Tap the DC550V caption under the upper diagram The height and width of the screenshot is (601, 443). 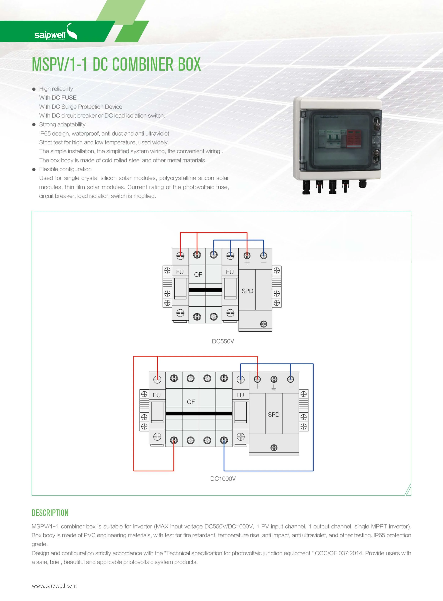[x=223, y=341]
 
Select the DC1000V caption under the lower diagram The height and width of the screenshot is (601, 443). [x=223, y=479]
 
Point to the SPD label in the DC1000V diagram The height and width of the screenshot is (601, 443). [x=274, y=414]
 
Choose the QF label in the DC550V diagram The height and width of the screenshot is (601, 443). [x=198, y=274]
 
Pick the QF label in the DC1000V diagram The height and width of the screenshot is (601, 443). [x=191, y=402]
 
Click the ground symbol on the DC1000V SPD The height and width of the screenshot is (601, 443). [x=274, y=387]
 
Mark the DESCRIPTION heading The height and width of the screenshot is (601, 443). [x=50, y=513]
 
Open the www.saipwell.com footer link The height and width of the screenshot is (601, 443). [x=54, y=585]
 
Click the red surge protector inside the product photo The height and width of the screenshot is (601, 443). [x=354, y=139]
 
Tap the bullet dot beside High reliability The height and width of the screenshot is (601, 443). [x=34, y=89]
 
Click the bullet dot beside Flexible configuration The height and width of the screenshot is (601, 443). [x=34, y=169]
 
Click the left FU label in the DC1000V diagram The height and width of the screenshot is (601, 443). [x=157, y=395]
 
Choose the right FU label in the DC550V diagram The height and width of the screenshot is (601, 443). [x=230, y=272]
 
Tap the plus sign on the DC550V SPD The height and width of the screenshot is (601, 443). [x=247, y=262]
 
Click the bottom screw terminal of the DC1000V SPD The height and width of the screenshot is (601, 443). [x=274, y=448]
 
